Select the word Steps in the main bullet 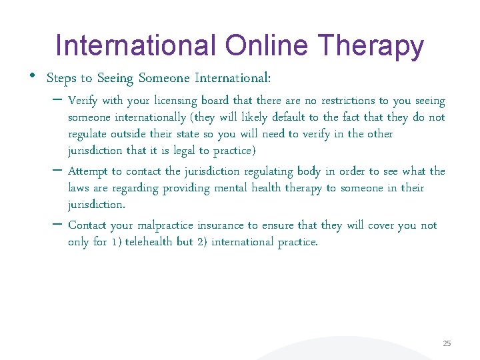59,78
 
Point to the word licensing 175,101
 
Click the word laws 79,188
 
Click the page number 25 447,343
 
